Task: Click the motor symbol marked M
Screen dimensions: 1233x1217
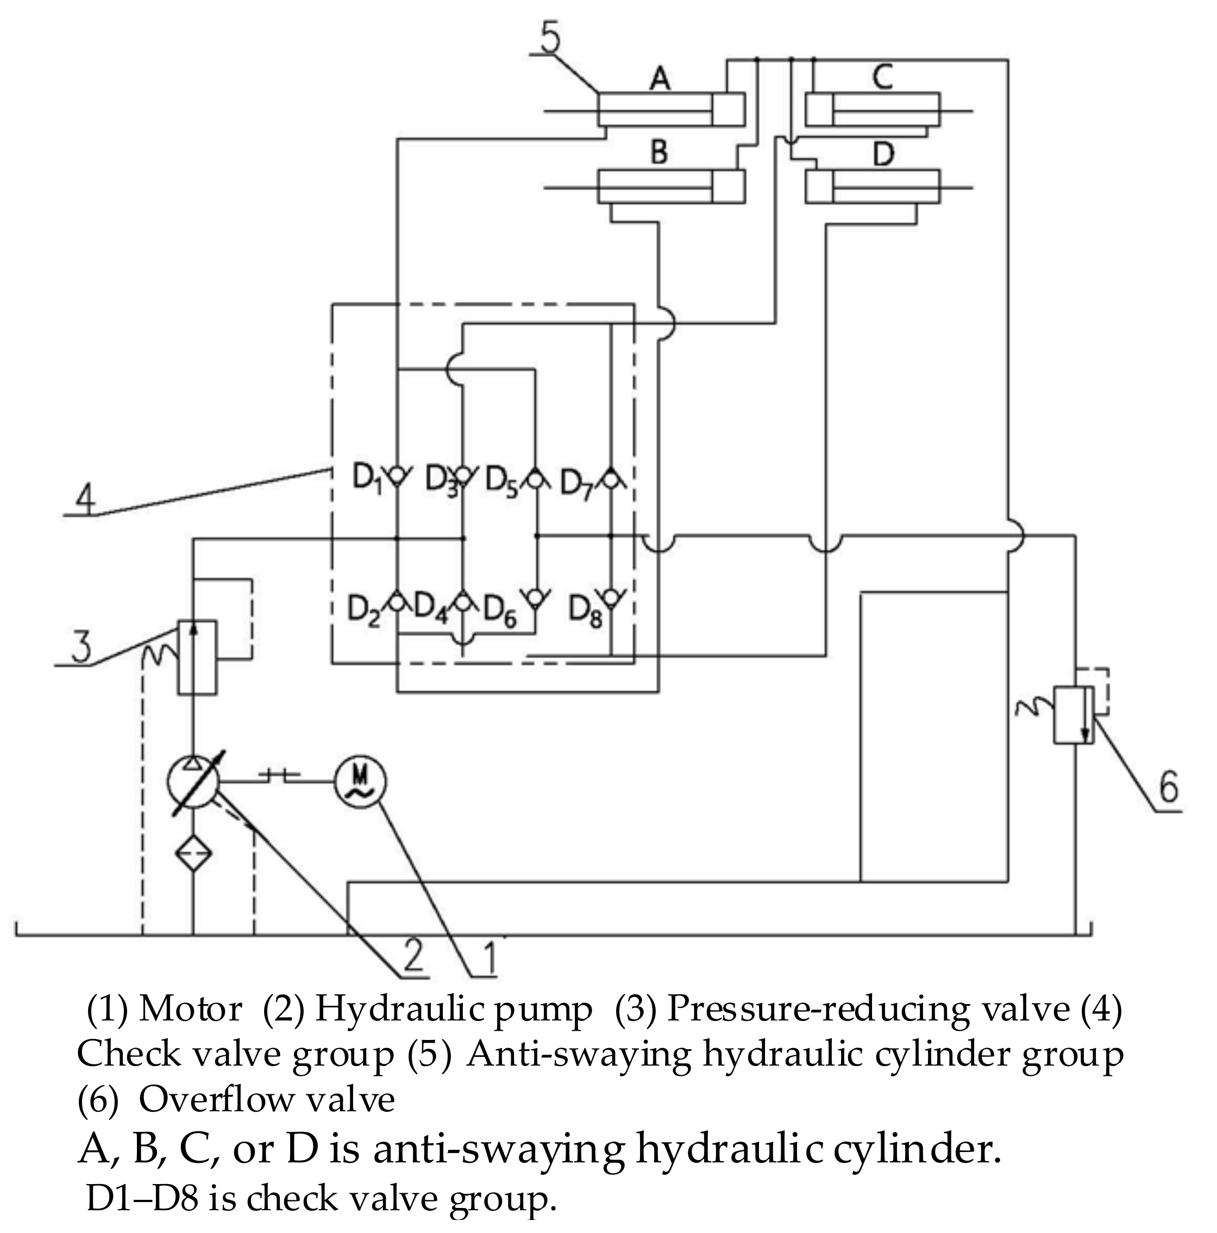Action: click(x=360, y=781)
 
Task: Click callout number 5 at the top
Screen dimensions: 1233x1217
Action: click(x=550, y=38)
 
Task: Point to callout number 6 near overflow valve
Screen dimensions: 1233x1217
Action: click(x=1168, y=788)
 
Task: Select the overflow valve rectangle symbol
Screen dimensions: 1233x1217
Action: click(x=1073, y=714)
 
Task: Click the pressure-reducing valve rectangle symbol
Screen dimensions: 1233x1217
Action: click(x=197, y=657)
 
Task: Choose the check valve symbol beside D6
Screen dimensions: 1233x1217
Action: click(x=536, y=598)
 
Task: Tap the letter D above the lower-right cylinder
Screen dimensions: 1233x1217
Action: click(x=883, y=154)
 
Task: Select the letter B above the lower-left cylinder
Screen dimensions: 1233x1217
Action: click(x=658, y=153)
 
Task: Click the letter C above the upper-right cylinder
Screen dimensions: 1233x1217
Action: click(x=883, y=77)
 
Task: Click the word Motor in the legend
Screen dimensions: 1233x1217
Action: click(x=190, y=1009)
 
